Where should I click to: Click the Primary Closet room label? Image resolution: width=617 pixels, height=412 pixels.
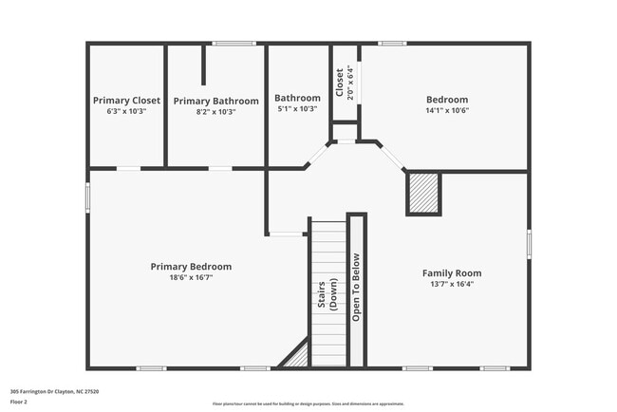tap(126, 100)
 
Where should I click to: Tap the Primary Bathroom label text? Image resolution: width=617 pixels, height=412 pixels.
tap(215, 101)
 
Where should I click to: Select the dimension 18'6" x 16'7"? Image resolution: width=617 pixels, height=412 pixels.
tap(191, 278)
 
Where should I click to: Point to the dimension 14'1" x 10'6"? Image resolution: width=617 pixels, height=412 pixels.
tap(446, 110)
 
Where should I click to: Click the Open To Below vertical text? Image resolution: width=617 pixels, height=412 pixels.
tap(357, 288)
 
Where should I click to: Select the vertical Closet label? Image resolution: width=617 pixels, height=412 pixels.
tap(339, 81)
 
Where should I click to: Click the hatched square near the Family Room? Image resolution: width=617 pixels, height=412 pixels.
tap(423, 194)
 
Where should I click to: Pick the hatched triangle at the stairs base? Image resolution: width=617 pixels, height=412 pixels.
tap(296, 356)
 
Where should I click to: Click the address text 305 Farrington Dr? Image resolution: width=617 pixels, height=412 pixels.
tap(54, 391)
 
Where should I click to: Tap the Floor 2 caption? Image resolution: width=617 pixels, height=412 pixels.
tap(19, 402)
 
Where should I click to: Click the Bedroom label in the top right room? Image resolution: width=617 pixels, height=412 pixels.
tap(446, 100)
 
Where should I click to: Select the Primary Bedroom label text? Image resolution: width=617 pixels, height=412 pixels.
tap(191, 267)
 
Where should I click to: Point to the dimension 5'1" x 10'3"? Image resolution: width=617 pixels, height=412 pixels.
tap(297, 109)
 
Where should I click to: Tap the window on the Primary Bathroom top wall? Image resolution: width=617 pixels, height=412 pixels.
tap(233, 43)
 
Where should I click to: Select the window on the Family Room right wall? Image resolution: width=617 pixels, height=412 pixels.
tap(529, 243)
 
